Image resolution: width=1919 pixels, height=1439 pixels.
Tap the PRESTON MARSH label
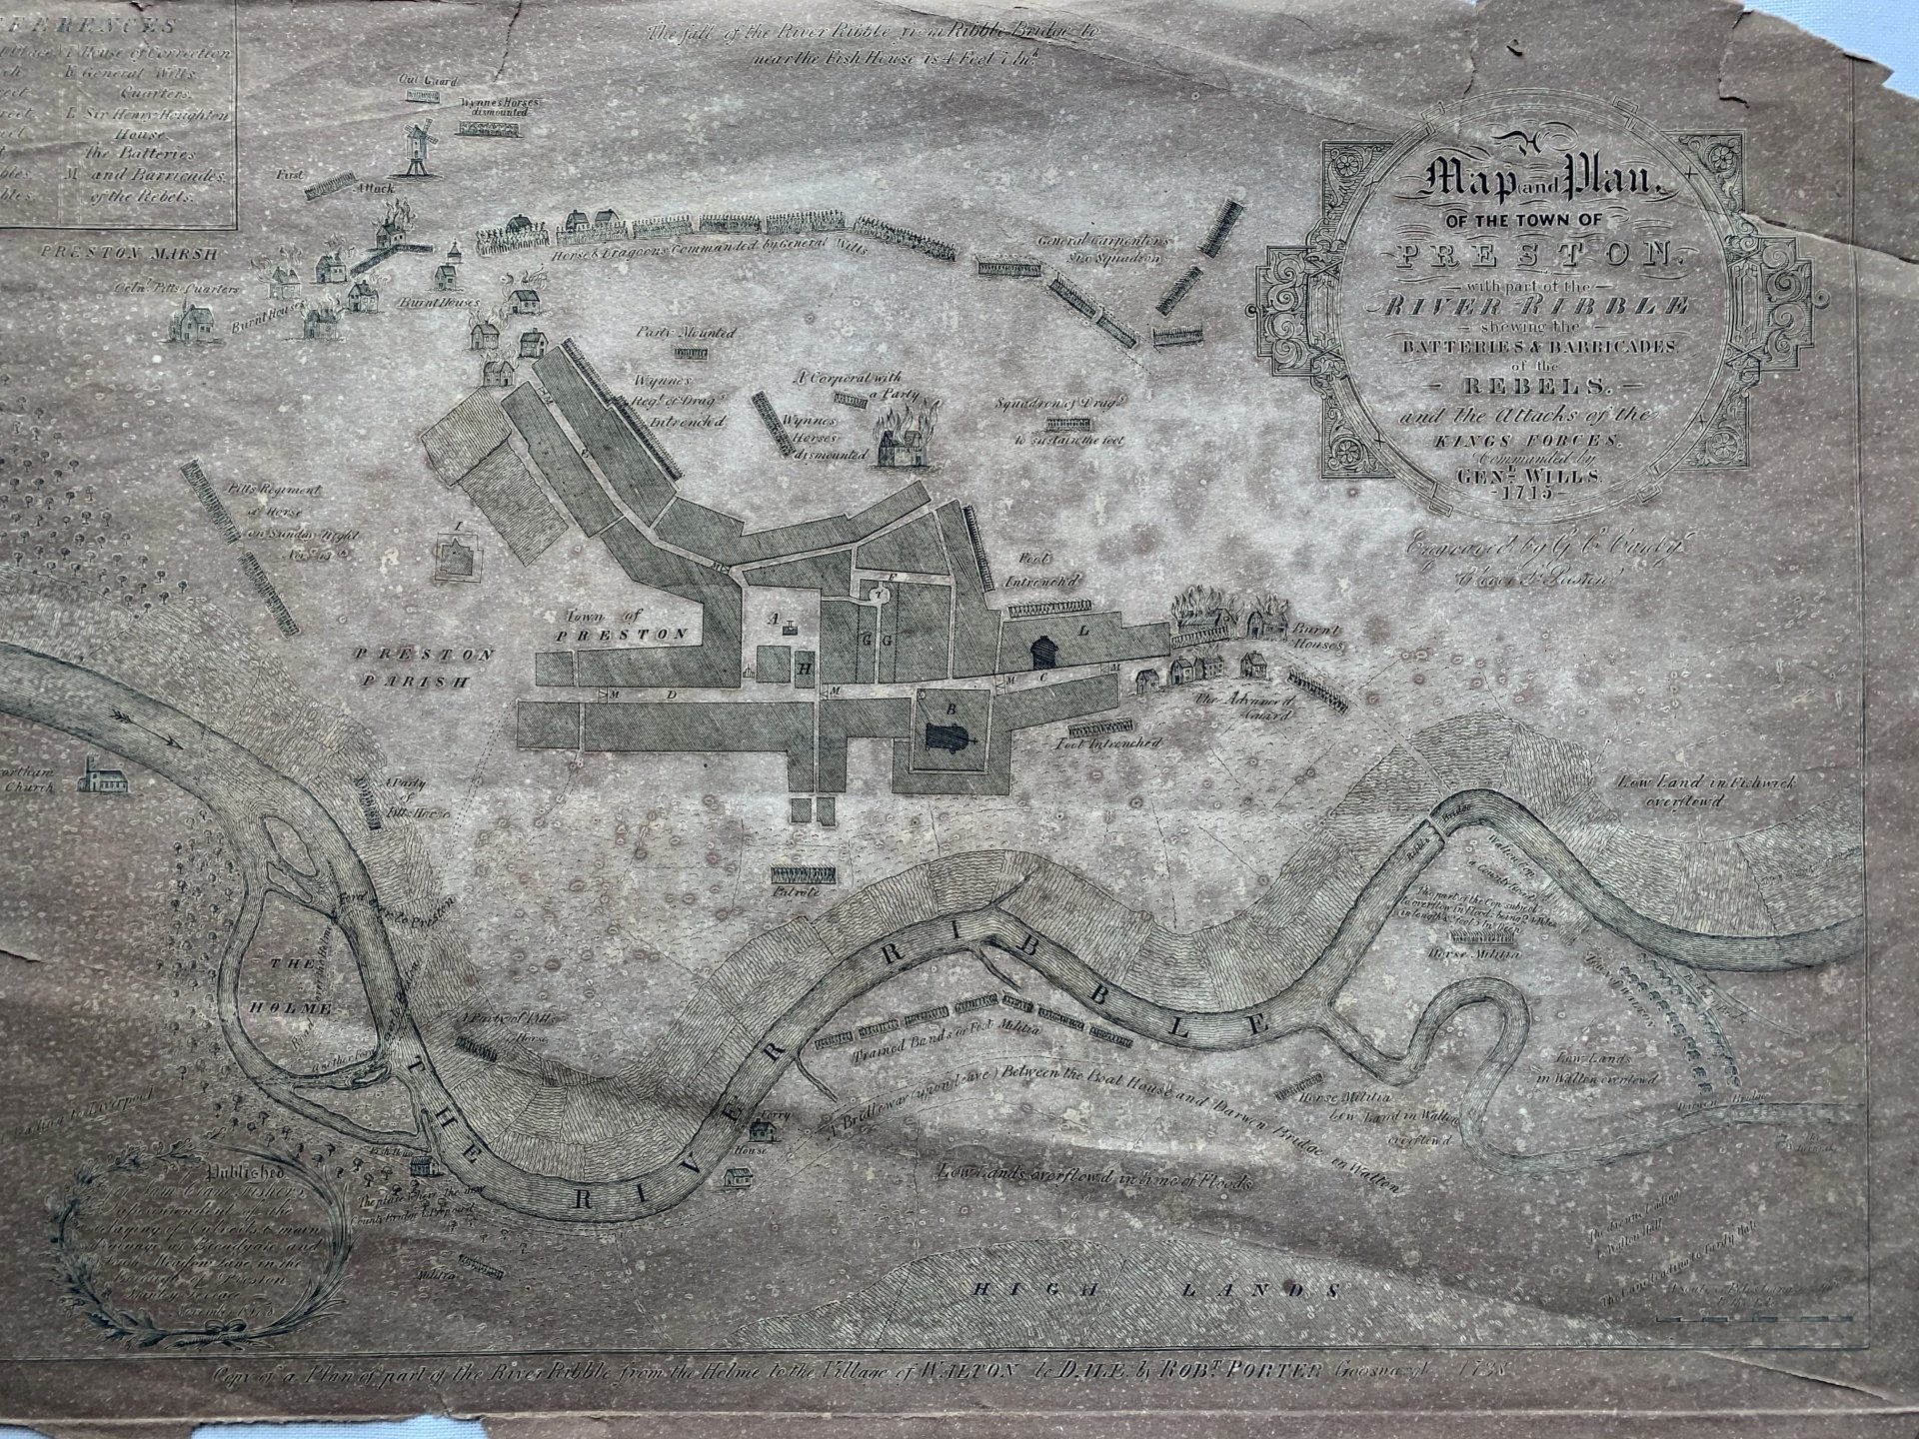pyautogui.click(x=129, y=253)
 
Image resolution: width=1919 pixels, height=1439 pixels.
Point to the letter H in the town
pyautogui.click(x=804, y=670)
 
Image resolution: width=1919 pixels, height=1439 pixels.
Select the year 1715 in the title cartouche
pyautogui.click(x=1522, y=492)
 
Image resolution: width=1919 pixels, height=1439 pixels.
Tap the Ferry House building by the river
pyautogui.click(x=767, y=1131)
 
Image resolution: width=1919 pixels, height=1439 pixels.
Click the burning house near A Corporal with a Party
pyautogui.click(x=902, y=443)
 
